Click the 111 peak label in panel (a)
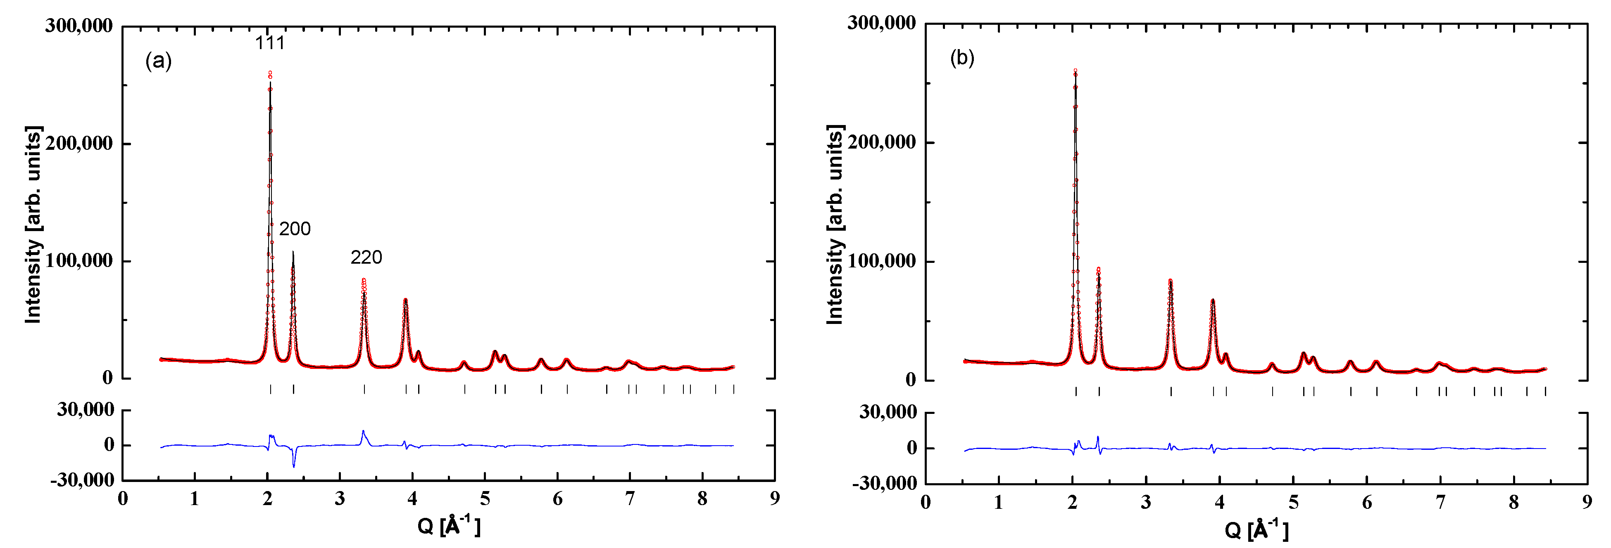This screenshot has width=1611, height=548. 269,43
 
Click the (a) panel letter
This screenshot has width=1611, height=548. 158,61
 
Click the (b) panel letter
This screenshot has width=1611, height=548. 962,58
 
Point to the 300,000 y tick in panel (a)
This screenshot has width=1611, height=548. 79,26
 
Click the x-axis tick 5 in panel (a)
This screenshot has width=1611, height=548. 485,498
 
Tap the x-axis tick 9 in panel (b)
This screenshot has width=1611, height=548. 1587,502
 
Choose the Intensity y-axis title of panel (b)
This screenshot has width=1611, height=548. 835,225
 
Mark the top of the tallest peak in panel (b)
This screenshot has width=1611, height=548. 1075,71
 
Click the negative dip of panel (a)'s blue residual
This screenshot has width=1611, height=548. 293,466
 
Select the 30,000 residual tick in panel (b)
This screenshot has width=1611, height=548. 888,412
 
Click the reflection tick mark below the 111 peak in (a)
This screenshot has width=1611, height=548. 270,389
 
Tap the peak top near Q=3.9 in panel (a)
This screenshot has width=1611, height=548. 405,300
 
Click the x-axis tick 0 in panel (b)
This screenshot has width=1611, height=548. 926,502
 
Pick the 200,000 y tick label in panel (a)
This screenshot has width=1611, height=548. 79,143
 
